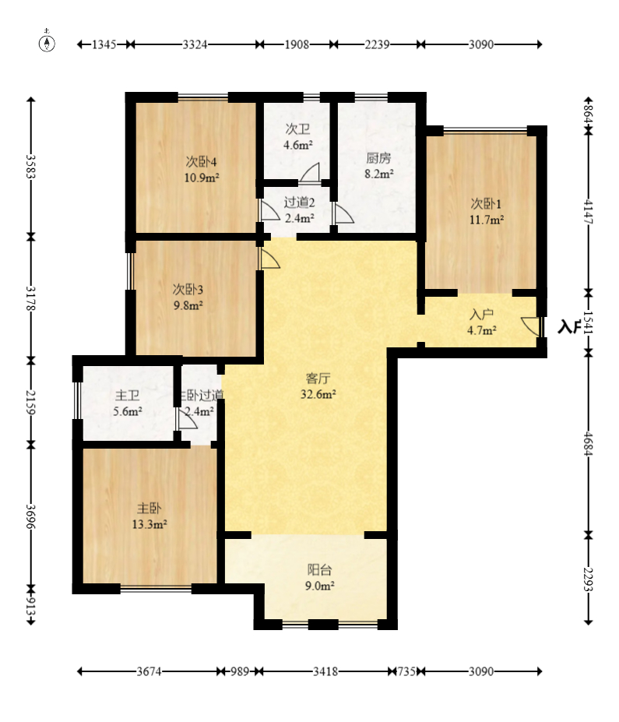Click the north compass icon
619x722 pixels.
coord(47,42)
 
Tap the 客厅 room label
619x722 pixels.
coord(318,379)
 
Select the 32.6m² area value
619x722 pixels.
coord(318,394)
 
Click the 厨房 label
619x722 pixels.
coord(378,158)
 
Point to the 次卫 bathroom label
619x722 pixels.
coord(297,129)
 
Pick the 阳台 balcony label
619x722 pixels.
coord(319,570)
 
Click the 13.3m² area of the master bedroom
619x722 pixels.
coord(149,524)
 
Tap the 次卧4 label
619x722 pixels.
coord(201,162)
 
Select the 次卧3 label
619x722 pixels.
coord(188,290)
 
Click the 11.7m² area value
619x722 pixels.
coord(487,220)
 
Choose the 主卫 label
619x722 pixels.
coord(128,396)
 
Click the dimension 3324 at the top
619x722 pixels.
coord(195,44)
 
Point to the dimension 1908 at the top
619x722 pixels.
coord(297,44)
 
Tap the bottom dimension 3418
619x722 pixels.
coord(325,671)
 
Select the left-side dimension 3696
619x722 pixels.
coord(30,516)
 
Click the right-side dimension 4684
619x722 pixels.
coord(588,443)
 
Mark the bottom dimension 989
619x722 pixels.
coord(240,671)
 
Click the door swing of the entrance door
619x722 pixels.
coord(530,326)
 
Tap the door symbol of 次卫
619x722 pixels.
coord(309,173)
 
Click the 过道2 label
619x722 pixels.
coord(299,203)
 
